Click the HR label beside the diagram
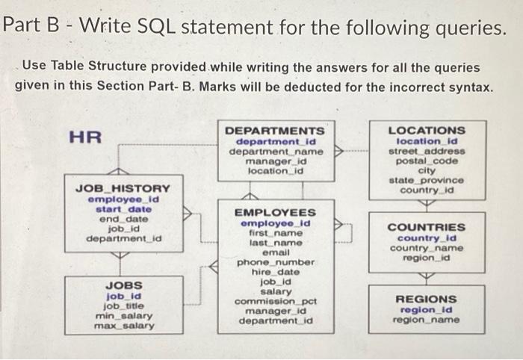click(x=85, y=137)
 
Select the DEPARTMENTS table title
click(x=274, y=131)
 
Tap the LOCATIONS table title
click(x=427, y=131)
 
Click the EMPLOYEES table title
click(x=275, y=212)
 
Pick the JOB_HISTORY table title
click(x=123, y=189)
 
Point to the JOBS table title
click(x=124, y=285)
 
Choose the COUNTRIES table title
click(x=427, y=227)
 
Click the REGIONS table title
click(x=426, y=299)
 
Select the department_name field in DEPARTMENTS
click(x=276, y=152)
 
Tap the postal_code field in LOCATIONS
click(x=427, y=161)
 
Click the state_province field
click(x=427, y=180)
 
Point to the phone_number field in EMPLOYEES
click(x=276, y=262)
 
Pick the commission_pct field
click(x=276, y=301)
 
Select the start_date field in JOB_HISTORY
click(x=123, y=209)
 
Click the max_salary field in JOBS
click(x=124, y=326)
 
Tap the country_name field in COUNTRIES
click(x=427, y=248)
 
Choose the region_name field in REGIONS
click(x=426, y=320)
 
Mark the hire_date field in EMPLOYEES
click(x=276, y=272)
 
